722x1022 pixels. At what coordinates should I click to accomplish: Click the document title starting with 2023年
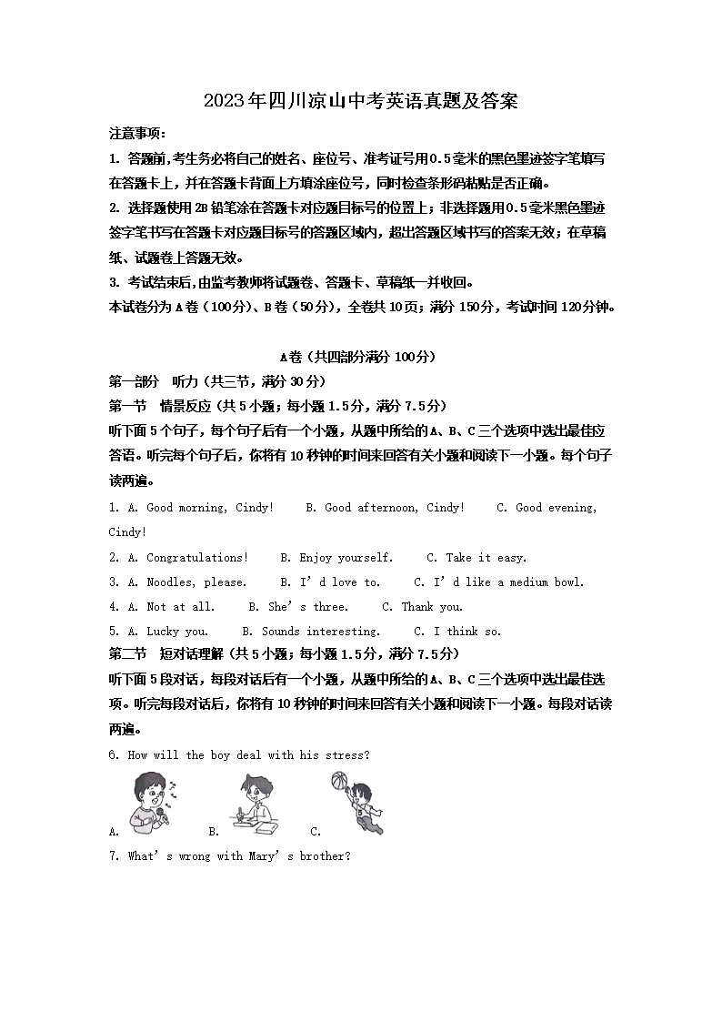click(361, 101)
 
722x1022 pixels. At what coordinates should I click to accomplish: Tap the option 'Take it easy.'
click(486, 558)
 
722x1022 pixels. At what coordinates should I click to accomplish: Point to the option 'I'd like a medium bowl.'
click(508, 582)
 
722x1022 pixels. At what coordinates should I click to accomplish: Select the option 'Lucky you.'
click(177, 632)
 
